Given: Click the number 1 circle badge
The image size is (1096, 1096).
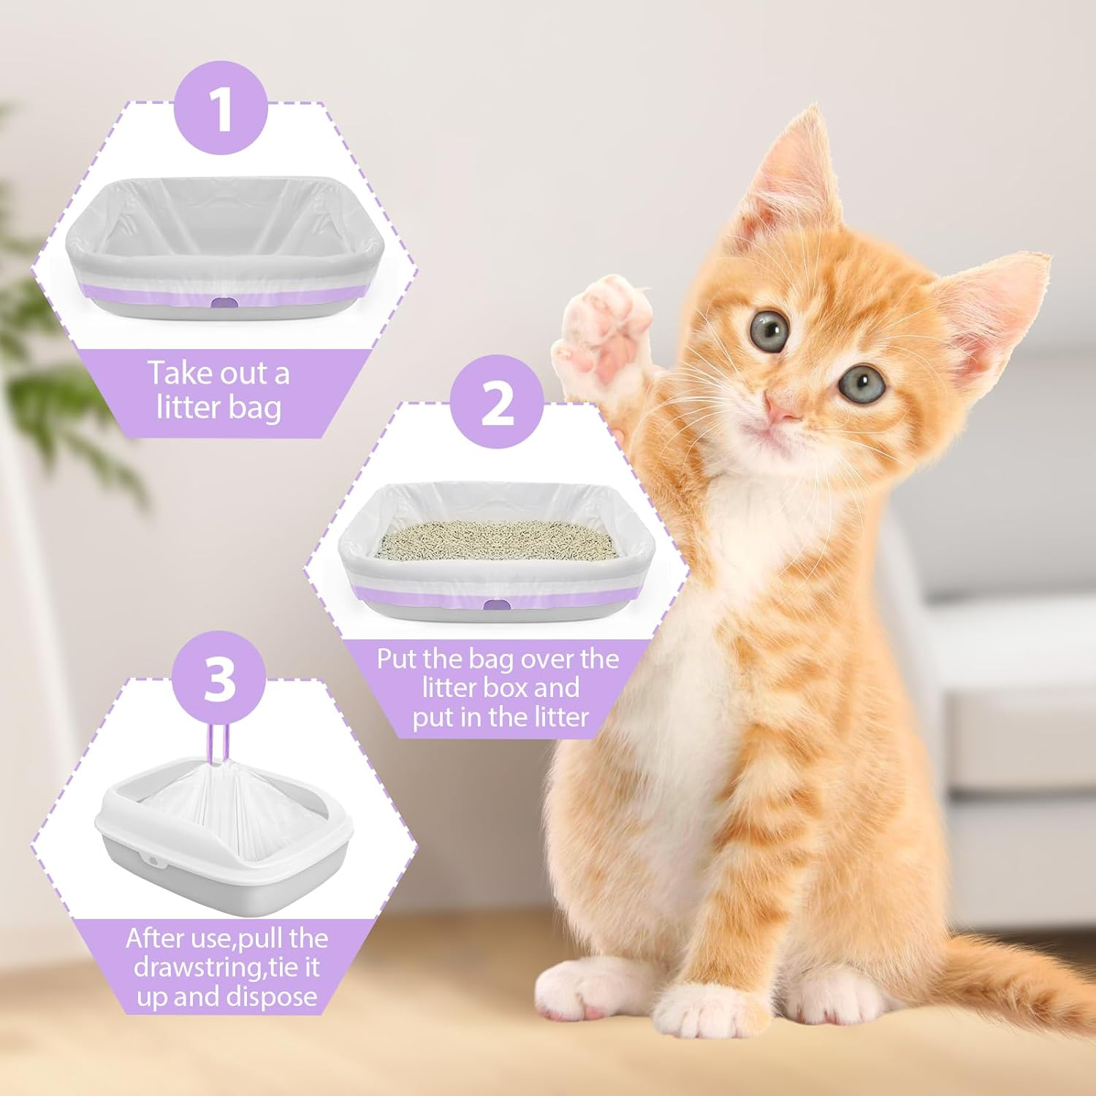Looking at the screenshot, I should tap(221, 107).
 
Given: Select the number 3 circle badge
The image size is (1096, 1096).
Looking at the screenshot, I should tap(219, 679).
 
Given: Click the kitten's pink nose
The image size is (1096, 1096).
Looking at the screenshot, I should tap(782, 409).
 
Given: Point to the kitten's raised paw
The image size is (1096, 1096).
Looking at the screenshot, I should tap(603, 329).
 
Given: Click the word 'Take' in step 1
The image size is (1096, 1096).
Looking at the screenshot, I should tap(181, 373).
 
